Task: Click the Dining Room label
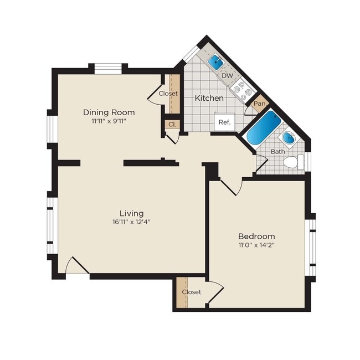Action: coord(109,112)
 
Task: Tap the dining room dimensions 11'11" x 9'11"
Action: coord(109,121)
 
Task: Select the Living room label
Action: coord(131,213)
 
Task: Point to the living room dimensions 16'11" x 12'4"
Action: coord(131,222)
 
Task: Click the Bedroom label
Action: coord(256,235)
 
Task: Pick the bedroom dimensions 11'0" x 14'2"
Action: coord(256,245)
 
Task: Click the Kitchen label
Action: coord(209,98)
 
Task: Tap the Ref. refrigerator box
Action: coord(225,122)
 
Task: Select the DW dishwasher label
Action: coord(227,75)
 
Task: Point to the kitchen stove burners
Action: coord(243,88)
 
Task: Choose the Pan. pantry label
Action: coord(259,104)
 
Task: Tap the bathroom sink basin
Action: coord(289,137)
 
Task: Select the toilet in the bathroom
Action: coord(292,162)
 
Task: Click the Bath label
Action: coord(277,151)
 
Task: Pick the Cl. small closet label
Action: coord(172,125)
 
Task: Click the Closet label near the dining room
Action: coord(168,94)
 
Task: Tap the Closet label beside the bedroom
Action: coord(191,292)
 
